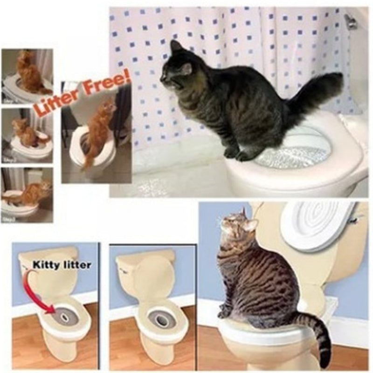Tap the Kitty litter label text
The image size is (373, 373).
coord(62,265)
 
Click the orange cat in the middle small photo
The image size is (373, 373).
coord(25,133)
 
